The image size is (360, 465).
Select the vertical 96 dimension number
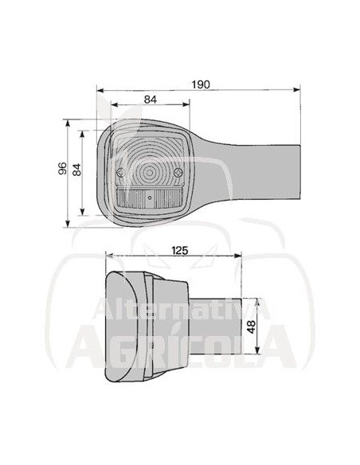(x=61, y=170)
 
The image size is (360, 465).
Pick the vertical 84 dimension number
(x=76, y=170)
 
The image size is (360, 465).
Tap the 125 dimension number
(x=180, y=251)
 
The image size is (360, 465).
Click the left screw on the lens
(x=119, y=173)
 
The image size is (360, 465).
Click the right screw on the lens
(x=179, y=173)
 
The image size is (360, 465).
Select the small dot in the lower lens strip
(x=149, y=196)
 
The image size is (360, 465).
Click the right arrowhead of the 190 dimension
(x=299, y=88)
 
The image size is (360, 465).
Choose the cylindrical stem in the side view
(x=218, y=327)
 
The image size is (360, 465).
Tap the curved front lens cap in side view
(x=118, y=326)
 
